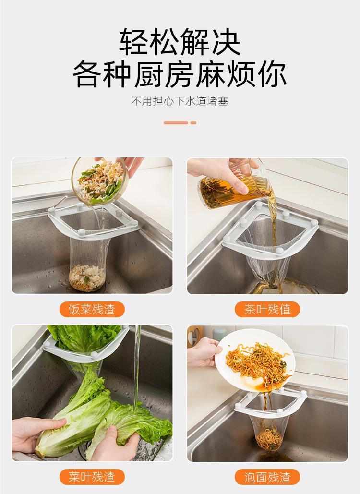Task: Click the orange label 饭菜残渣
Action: [x=92, y=309]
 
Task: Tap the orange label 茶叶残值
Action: [x=267, y=309]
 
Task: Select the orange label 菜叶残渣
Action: [x=92, y=477]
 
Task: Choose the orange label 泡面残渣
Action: [x=267, y=477]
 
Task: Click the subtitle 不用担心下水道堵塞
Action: [x=180, y=102]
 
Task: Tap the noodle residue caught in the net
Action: [x=269, y=438]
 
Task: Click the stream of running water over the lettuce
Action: [x=137, y=365]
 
